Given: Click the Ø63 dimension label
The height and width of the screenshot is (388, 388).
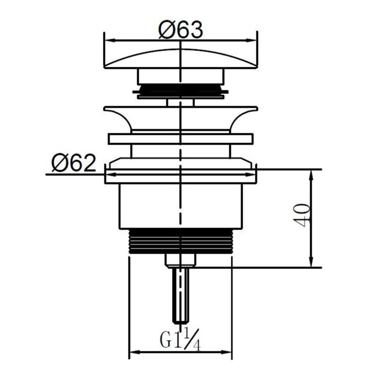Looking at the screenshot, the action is point(180,29).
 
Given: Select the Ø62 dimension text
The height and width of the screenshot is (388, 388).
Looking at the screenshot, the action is point(73,163).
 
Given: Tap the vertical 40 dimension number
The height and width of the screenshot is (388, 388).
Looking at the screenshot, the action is point(303,215).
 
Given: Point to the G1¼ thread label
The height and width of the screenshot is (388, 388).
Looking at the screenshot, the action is point(180,338).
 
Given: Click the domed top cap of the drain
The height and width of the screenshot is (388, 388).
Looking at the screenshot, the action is point(181,58).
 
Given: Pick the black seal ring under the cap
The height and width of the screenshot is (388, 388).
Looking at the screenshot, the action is point(181,91).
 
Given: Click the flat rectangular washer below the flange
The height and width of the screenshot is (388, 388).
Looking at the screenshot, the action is point(181,139).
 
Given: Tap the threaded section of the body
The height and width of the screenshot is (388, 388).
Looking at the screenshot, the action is point(181,241).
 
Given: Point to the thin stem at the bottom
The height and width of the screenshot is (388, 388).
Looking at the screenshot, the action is point(181,295).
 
